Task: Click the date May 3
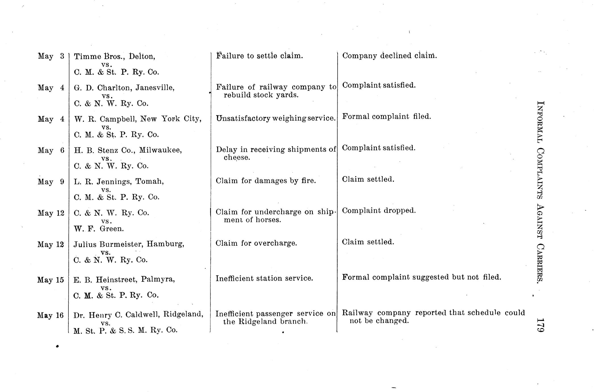[x=51, y=56]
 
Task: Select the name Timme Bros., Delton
[x=114, y=56]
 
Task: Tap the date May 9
[x=51, y=182]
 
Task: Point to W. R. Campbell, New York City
[x=138, y=119]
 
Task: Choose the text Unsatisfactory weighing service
[x=276, y=118]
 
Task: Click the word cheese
[x=237, y=157]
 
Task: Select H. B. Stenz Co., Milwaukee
[x=128, y=150]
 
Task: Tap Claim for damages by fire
[x=266, y=181]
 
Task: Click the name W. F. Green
[x=99, y=229]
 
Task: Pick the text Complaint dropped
[x=379, y=210]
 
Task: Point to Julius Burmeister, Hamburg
[x=129, y=244]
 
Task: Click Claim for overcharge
[x=256, y=243]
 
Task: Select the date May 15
[x=51, y=280]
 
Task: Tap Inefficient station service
[x=264, y=278]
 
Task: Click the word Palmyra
[x=158, y=280]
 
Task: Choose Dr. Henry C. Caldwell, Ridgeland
[x=138, y=315]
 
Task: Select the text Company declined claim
[x=389, y=56]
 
